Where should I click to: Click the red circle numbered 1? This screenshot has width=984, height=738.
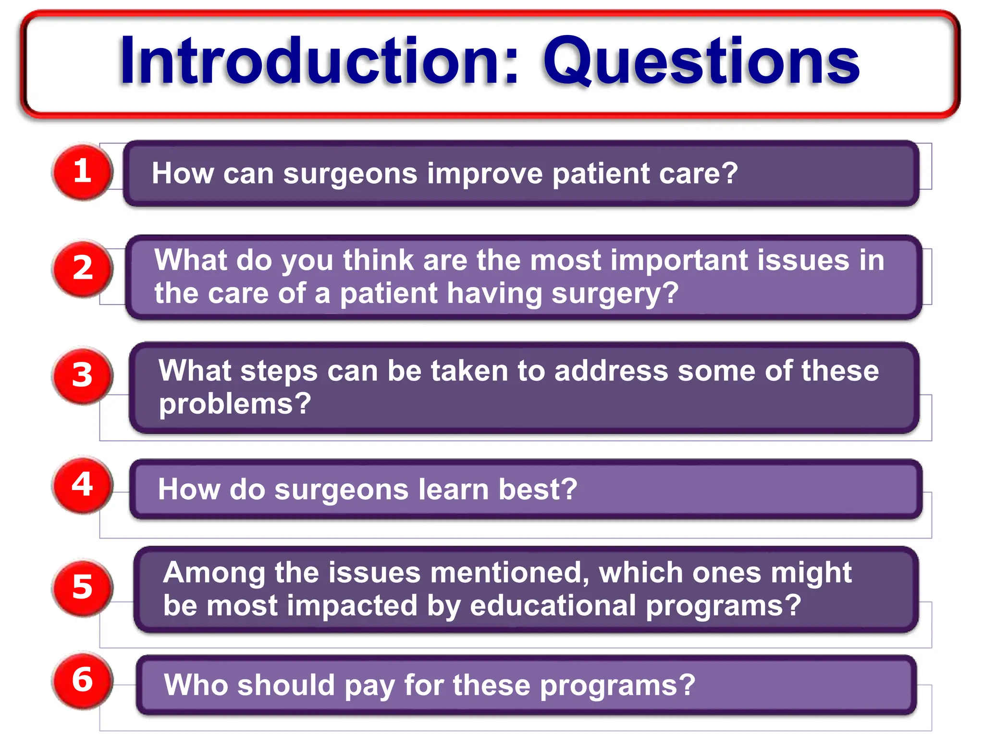click(x=82, y=172)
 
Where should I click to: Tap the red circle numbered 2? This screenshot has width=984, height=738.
click(x=82, y=268)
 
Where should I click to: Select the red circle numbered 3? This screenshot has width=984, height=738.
click(x=82, y=375)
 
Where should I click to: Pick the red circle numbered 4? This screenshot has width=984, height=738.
click(x=82, y=484)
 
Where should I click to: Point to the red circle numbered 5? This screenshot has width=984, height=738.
click(x=82, y=587)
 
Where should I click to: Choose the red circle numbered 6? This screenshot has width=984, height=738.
click(x=82, y=680)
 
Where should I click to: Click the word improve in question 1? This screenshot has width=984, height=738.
click(x=484, y=174)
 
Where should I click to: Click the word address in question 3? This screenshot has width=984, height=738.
click(x=611, y=371)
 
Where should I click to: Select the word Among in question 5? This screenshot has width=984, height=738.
click(x=214, y=573)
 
